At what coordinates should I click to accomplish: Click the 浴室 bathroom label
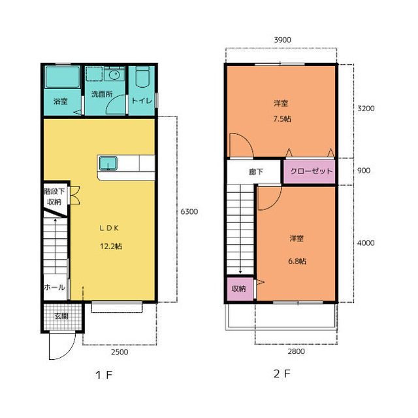[x=61, y=101]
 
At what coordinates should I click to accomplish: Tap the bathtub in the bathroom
[x=63, y=77]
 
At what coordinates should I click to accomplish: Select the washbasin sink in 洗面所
[x=114, y=75]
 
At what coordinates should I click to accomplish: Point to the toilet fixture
[x=142, y=77]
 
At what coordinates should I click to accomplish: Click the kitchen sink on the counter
[x=108, y=164]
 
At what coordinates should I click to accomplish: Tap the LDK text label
[x=109, y=228]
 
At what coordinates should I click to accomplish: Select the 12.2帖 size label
[x=111, y=246]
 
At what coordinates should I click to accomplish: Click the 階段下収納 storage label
[x=54, y=196]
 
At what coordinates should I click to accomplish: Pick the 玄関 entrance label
[x=61, y=317]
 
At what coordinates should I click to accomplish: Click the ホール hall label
[x=54, y=287]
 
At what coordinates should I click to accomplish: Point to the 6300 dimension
[x=189, y=212]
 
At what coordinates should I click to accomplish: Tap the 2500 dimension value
[x=120, y=352]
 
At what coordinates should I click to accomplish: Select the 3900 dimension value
[x=283, y=40]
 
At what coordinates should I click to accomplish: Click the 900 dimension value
[x=364, y=171]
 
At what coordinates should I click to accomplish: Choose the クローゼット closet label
[x=312, y=171]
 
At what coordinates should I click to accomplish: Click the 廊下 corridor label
[x=256, y=172]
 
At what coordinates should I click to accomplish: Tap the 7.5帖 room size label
[x=282, y=119]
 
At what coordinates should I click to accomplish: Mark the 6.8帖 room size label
[x=297, y=261]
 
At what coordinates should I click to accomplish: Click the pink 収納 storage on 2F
[x=238, y=288]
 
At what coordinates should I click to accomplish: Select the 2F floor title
[x=281, y=374]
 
